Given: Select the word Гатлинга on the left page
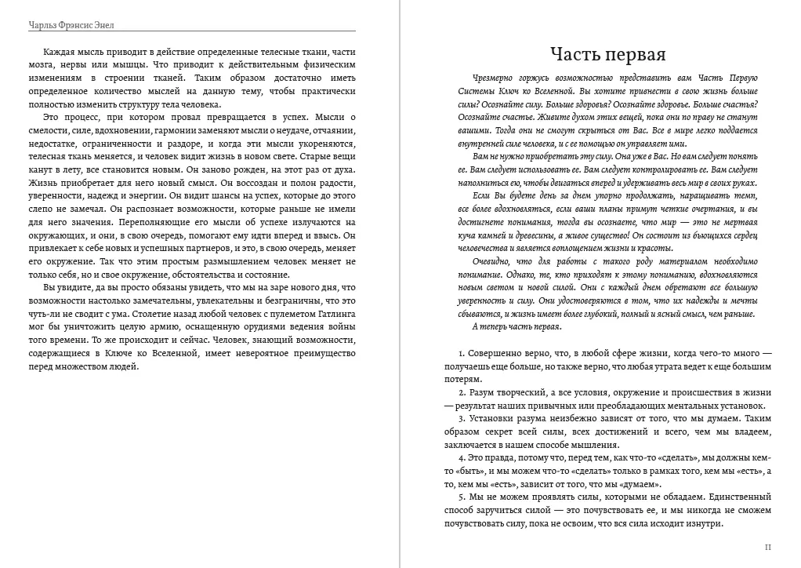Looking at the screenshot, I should pyautogui.click(x=335, y=313).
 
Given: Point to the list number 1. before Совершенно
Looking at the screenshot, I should pyautogui.click(x=462, y=354).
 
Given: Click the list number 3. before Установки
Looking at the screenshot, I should pyautogui.click(x=462, y=418).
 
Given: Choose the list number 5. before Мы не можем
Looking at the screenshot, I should pyautogui.click(x=462, y=497).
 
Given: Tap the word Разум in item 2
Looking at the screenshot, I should pyautogui.click(x=485, y=392).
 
